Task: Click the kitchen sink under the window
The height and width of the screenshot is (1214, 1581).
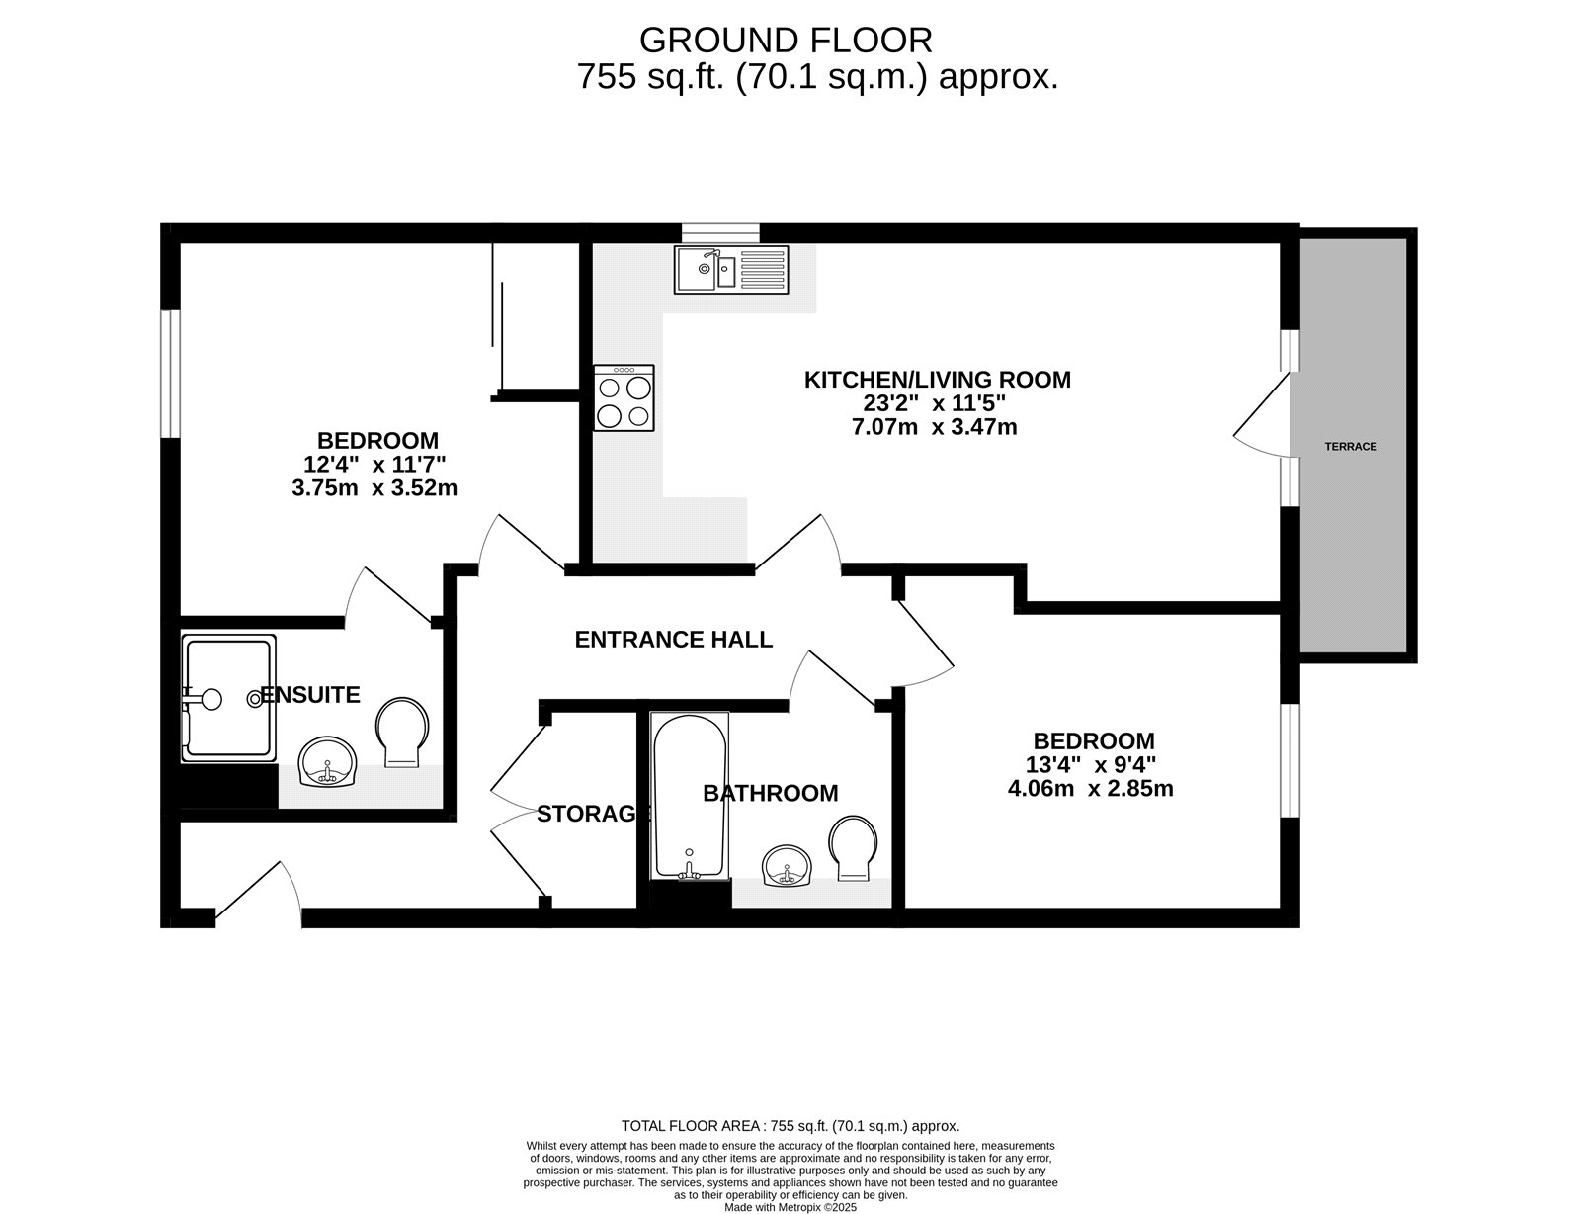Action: coord(731,269)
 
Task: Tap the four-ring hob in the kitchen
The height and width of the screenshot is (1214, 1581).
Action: coord(624,397)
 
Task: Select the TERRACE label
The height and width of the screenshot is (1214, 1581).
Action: coord(1350,447)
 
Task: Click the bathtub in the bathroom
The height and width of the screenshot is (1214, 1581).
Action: coord(690,796)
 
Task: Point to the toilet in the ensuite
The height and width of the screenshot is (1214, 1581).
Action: coord(402,733)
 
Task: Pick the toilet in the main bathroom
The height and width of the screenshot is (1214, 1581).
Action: coord(853,847)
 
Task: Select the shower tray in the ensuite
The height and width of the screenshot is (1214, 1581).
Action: coord(228,699)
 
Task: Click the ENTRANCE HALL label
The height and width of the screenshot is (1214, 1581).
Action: coord(673,640)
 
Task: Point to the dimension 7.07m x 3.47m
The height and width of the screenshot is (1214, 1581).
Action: coord(934,428)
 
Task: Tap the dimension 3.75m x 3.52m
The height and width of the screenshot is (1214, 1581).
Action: coord(374,487)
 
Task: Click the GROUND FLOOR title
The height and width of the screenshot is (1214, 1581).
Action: coord(786,41)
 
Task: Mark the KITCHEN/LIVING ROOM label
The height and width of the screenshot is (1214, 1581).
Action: coord(937,379)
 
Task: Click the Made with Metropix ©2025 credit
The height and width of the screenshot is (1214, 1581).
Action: coord(790,1207)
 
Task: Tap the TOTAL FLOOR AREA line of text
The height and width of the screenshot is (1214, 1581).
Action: coord(790,1126)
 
